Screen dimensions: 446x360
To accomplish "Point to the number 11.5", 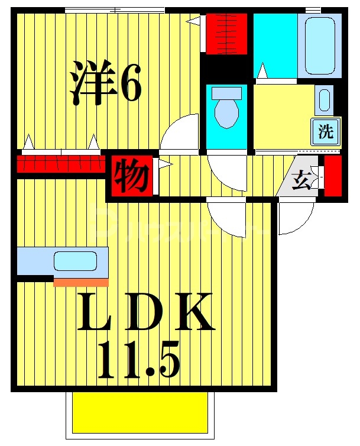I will (x=138, y=360).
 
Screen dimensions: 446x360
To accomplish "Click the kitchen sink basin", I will (x=74, y=261).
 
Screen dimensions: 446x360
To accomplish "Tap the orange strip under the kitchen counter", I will (x=81, y=282).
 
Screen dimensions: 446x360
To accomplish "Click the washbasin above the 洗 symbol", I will (x=324, y=101).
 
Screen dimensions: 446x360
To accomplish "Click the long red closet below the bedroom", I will (x=59, y=164).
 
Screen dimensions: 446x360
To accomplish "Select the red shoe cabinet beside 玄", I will (x=333, y=176).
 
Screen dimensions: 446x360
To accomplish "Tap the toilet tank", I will (x=226, y=93).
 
